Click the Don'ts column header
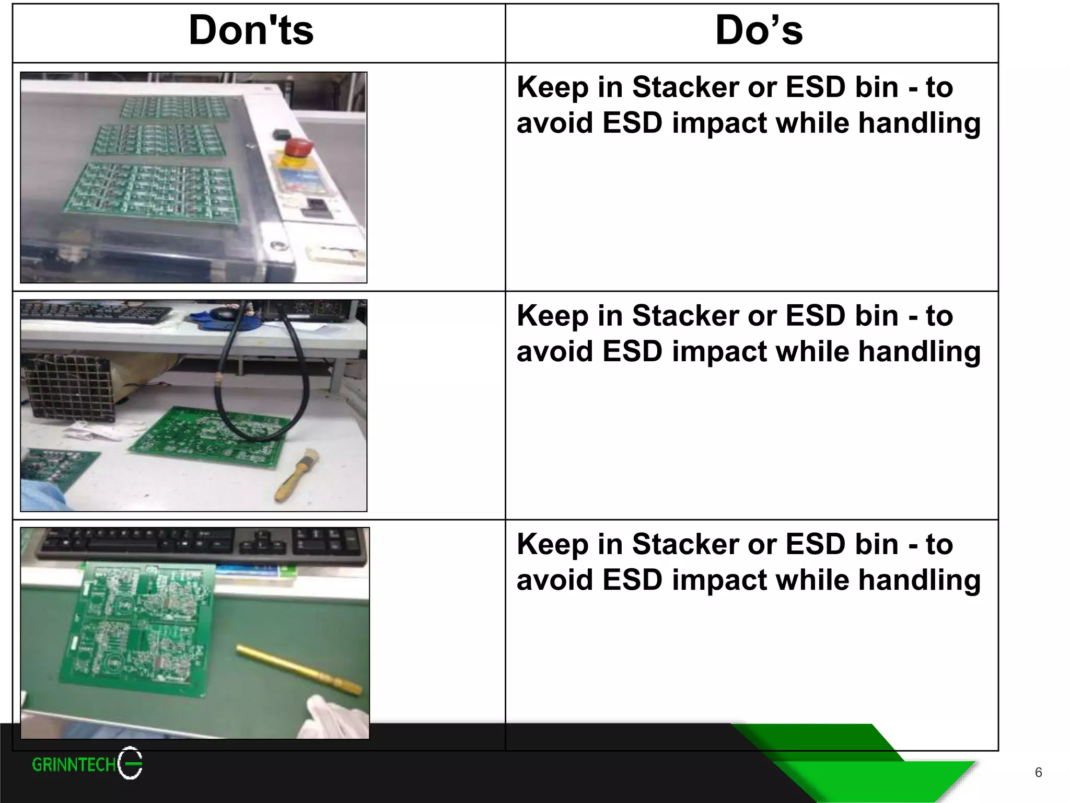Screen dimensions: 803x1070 click(251, 31)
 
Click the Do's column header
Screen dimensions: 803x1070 click(759, 31)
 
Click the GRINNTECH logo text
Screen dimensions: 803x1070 click(74, 765)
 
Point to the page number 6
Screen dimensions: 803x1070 click(1038, 772)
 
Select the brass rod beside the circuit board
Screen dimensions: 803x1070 click(299, 670)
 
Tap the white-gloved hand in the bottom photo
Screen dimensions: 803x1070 click(334, 716)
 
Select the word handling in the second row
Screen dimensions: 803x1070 click(920, 351)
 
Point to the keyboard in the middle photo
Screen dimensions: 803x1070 click(94, 314)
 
